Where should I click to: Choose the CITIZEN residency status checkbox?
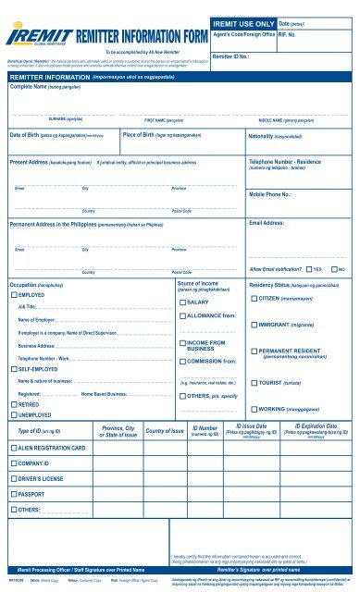254,299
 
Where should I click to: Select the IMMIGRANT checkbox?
254,325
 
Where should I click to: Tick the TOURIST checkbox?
254,381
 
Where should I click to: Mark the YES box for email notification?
308,268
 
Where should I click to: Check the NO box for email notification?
335,268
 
